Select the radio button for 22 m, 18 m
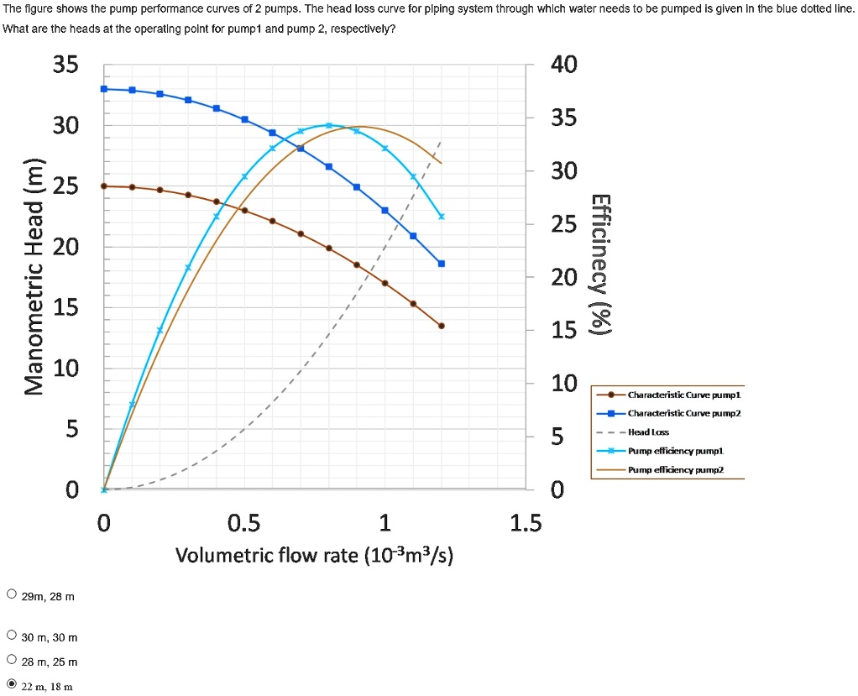11,684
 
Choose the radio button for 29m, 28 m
11,595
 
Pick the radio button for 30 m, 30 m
11,636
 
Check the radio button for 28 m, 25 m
11,661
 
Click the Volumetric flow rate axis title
314,556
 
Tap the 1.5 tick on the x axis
526,524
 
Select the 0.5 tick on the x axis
243,524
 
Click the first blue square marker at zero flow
104,88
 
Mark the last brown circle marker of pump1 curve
442,326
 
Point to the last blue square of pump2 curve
442,264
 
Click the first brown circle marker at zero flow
104,186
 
